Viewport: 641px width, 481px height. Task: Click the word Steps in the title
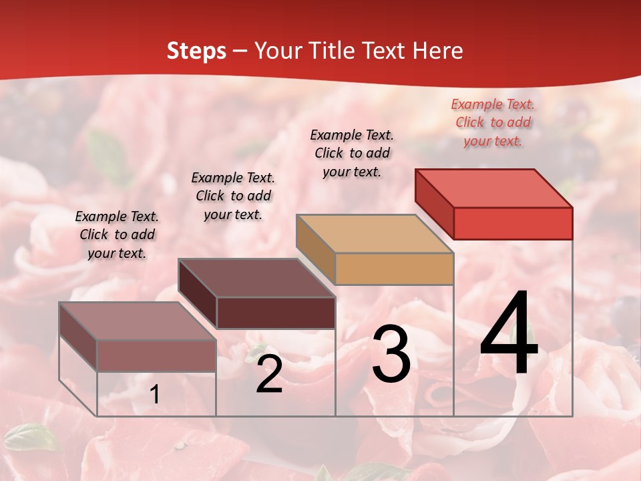(x=196, y=51)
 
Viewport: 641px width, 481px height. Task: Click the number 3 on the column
(x=391, y=354)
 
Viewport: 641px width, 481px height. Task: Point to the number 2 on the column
(x=269, y=374)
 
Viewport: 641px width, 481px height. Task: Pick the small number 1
(x=154, y=395)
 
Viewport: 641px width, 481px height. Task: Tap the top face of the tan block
(x=375, y=234)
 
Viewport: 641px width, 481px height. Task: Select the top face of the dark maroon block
(x=256, y=278)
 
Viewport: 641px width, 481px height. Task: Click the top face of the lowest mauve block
(x=138, y=321)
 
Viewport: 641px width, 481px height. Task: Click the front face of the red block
(x=513, y=223)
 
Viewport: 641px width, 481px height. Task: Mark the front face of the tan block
(x=394, y=269)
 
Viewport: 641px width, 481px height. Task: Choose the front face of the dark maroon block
(x=276, y=313)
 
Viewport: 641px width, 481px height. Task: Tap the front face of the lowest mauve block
(x=156, y=355)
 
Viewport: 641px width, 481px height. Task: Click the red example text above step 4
(x=493, y=123)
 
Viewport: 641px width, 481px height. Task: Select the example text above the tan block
(x=352, y=153)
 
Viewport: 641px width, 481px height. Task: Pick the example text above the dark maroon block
(x=233, y=196)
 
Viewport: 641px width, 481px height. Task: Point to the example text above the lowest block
(x=117, y=234)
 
